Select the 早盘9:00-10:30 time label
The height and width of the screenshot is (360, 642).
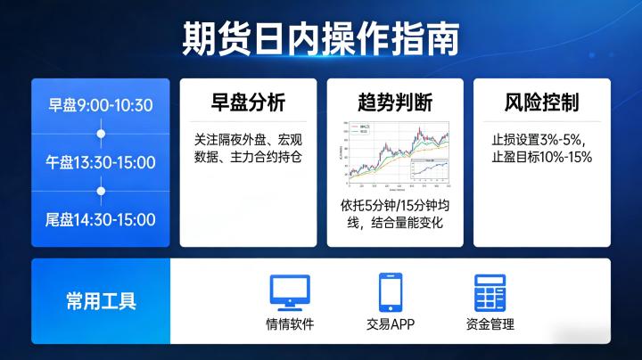(x=101, y=105)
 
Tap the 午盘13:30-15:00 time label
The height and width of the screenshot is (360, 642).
(x=101, y=162)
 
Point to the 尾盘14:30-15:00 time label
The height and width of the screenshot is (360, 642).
(x=101, y=219)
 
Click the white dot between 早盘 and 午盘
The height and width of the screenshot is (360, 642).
(x=101, y=134)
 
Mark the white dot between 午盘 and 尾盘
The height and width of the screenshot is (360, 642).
(x=101, y=191)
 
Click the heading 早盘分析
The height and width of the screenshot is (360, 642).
(x=249, y=102)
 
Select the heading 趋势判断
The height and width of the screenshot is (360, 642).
(x=395, y=102)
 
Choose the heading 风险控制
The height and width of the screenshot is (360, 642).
(x=541, y=102)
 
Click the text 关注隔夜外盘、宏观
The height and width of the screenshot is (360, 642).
(x=249, y=140)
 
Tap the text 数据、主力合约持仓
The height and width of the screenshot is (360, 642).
(x=249, y=158)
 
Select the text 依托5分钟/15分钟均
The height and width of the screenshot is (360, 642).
(x=395, y=205)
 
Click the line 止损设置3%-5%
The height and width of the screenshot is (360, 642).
(x=541, y=140)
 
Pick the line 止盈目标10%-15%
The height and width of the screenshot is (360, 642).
(x=541, y=158)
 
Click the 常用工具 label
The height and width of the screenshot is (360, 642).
(x=101, y=300)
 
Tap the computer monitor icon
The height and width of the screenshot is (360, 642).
(x=290, y=291)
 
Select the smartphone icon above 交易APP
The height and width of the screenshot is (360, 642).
(x=391, y=291)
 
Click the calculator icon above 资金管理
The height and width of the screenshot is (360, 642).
(x=490, y=291)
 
